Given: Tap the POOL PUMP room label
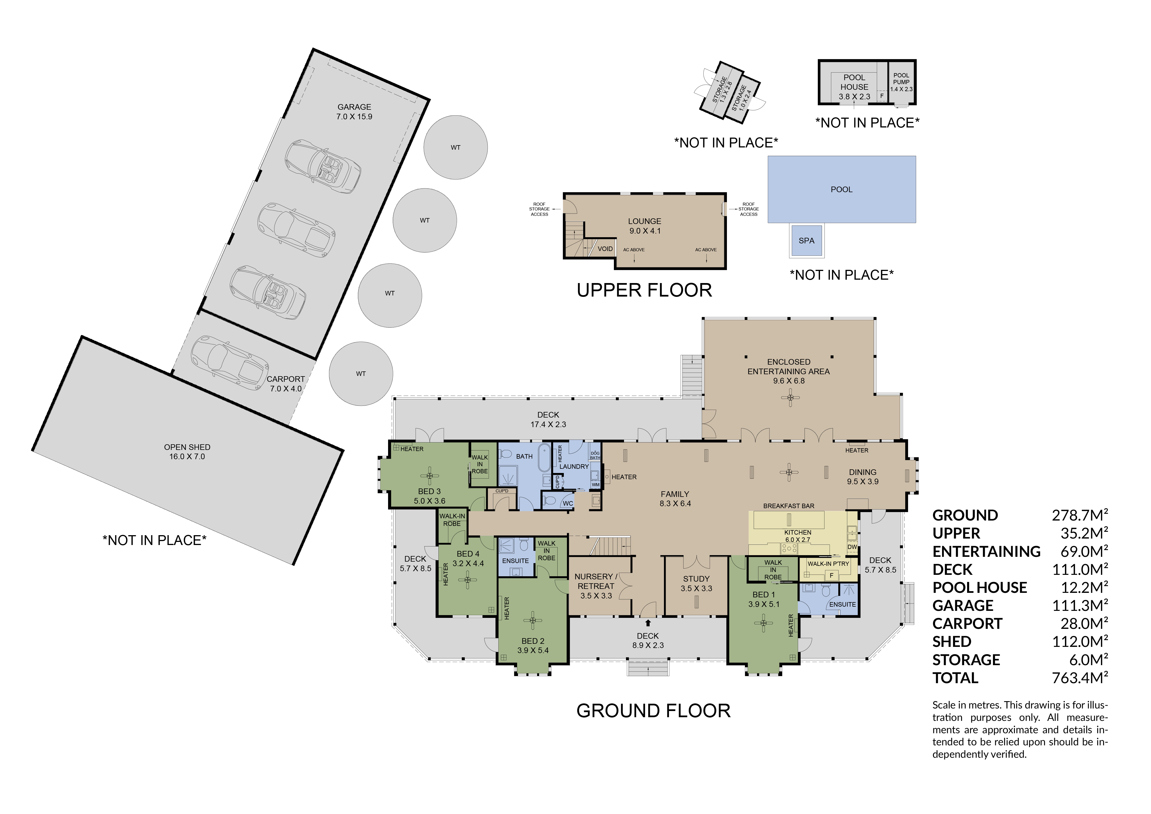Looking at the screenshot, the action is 901,82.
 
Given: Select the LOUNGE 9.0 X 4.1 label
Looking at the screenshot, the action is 645,226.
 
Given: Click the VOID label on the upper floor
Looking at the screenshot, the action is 605,249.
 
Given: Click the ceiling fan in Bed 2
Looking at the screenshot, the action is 532,620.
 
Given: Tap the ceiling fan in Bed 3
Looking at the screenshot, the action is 429,476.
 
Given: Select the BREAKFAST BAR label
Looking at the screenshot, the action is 789,506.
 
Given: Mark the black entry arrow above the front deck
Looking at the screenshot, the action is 648,622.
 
